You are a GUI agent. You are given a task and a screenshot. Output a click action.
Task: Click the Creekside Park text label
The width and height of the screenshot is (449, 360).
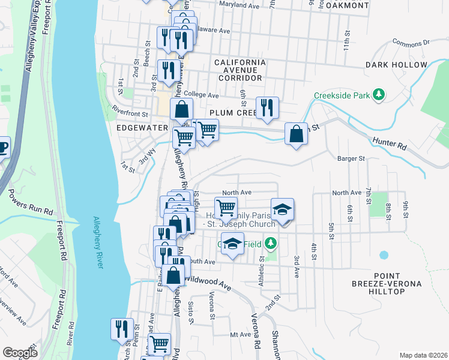tap(341, 95)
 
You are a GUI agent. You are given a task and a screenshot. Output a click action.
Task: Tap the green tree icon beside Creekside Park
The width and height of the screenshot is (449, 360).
tap(378, 95)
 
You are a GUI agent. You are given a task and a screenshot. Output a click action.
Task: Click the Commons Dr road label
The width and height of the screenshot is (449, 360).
tap(411, 43)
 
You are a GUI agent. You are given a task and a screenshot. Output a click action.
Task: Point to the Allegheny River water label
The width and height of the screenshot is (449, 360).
tap(100, 240)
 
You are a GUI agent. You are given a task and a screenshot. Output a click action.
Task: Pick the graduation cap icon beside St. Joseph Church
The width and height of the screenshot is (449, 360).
tap(282, 209)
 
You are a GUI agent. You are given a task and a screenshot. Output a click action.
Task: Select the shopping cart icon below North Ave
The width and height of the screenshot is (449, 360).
tap(226, 208)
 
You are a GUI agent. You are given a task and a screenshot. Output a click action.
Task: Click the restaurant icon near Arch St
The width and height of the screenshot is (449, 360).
tap(122, 329)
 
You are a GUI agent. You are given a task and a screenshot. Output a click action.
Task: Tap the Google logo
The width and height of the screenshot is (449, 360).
tap(20, 353)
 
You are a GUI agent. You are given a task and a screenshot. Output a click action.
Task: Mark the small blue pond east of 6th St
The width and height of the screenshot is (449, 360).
tap(384, 255)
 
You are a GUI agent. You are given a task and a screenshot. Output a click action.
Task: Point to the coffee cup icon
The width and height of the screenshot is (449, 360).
tap(3, 146)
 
